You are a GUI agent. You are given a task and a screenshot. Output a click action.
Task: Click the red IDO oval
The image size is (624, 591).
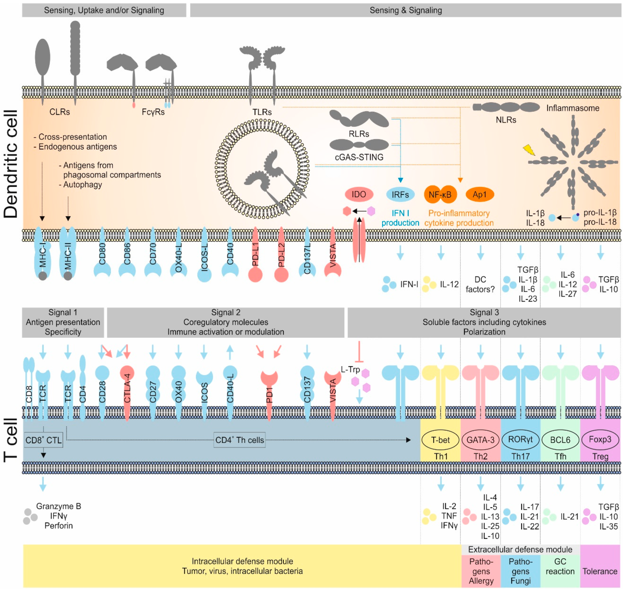359,194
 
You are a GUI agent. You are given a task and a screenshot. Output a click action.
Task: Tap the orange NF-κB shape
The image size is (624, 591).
440,194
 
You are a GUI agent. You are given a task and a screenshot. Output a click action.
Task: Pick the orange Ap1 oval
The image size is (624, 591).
479,194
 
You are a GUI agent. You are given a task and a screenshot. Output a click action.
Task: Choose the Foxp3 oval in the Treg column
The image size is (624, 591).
600,439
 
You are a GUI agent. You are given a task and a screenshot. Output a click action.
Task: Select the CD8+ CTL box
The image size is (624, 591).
44,440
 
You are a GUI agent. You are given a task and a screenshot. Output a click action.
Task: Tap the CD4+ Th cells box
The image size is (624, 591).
239,440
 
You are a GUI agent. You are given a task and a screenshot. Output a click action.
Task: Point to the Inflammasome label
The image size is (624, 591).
572,108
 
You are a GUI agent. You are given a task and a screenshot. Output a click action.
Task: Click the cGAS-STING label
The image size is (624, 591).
359,157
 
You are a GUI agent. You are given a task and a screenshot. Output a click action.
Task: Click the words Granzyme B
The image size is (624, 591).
59,506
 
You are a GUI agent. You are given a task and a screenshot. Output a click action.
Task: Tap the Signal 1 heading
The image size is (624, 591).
63,312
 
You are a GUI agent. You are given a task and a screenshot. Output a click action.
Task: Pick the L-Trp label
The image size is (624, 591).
350,369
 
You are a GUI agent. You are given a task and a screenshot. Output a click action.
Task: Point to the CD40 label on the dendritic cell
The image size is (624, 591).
230,254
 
